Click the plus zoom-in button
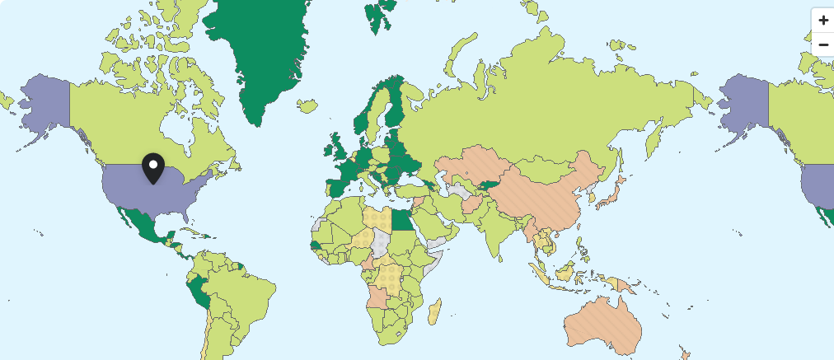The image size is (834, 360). (x=822, y=20)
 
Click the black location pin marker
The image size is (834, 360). (x=152, y=167)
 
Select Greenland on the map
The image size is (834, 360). (x=260, y=58)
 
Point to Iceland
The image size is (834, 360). (x=307, y=105)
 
